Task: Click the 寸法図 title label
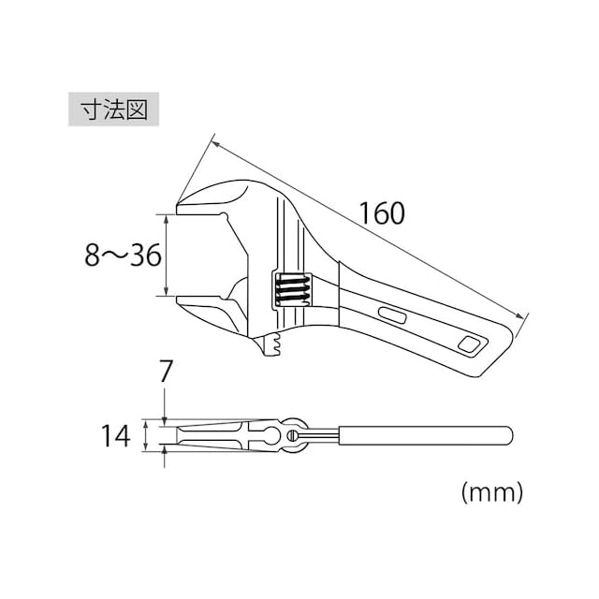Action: click(x=113, y=110)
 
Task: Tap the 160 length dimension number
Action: click(x=382, y=213)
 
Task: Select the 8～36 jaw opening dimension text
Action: click(x=123, y=256)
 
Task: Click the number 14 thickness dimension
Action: click(x=115, y=436)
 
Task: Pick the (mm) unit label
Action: click(x=491, y=492)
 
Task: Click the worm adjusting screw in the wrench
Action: click(x=293, y=290)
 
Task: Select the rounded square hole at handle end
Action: click(x=469, y=344)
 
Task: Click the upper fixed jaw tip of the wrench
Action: click(x=178, y=206)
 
